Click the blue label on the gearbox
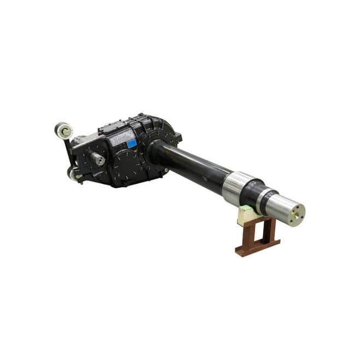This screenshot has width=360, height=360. pos(131,144)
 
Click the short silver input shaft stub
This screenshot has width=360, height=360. pos(98,159)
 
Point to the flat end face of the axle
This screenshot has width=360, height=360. pos(297,214)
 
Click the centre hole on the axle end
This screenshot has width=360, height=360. pos(297,214)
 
